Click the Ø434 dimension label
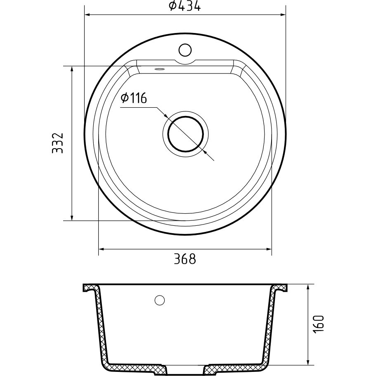[184, 6]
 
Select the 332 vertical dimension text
[57, 143]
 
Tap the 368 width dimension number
[185, 259]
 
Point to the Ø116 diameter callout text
[134, 98]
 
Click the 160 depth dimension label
[319, 324]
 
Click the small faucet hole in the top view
[185, 50]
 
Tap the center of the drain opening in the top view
[186, 134]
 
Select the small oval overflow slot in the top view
[159, 69]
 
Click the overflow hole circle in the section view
[159, 300]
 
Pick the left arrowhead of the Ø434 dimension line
[87, 15]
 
